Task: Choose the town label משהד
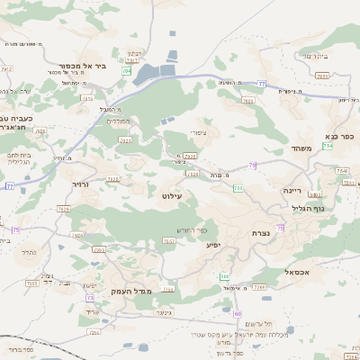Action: click(x=301, y=148)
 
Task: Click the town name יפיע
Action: click(x=212, y=244)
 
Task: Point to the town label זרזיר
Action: click(x=81, y=183)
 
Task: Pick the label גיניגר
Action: click(x=163, y=312)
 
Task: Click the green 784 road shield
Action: click(x=127, y=69)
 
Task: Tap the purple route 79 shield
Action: click(x=253, y=165)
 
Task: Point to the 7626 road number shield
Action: click(x=63, y=209)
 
